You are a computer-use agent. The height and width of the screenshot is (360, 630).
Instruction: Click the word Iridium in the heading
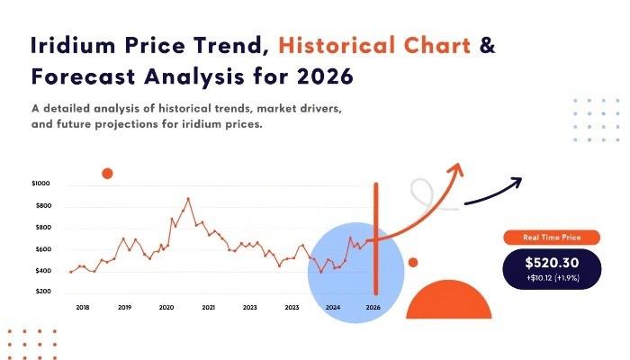73,45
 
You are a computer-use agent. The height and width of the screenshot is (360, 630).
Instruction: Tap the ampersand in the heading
488,45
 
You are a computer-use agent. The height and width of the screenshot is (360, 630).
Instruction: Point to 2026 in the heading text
326,76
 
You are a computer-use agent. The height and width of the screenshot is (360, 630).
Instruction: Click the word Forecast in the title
83,76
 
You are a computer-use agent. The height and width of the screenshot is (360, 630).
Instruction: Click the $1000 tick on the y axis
40,184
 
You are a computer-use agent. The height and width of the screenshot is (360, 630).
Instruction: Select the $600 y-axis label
43,249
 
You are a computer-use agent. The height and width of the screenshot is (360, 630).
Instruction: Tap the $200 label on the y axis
43,292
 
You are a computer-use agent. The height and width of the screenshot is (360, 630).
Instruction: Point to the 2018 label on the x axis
83,308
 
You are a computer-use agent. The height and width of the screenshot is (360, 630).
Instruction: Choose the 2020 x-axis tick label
166,308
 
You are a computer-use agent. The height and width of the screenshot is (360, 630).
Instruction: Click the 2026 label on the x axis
373,308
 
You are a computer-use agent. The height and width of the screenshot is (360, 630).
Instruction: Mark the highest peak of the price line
188,199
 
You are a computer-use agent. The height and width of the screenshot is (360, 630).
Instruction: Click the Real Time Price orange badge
552,238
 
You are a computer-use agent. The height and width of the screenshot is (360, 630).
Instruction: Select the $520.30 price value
552,263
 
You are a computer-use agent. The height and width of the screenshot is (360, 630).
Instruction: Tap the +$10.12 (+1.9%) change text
553,278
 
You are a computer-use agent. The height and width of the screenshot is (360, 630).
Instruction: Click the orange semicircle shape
449,300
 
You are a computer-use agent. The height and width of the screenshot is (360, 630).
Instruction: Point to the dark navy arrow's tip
521,178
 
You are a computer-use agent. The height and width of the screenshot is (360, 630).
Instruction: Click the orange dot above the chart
107,174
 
